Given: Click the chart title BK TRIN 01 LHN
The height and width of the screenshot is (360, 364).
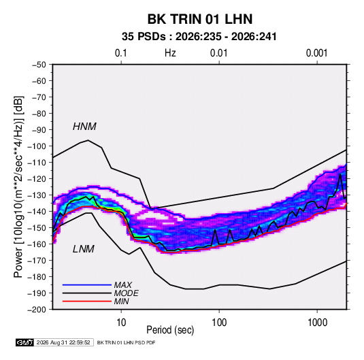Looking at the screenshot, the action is [x=200, y=19].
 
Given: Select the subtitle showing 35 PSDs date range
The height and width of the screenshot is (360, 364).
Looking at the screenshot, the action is [x=199, y=37].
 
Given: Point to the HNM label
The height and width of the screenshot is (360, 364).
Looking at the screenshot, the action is [x=84, y=127].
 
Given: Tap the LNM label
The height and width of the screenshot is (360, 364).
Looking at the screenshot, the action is [x=84, y=249].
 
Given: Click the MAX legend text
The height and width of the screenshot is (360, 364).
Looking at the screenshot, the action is [x=123, y=285].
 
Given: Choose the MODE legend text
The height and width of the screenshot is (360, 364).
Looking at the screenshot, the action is [x=127, y=293].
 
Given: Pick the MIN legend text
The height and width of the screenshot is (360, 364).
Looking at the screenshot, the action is [x=121, y=301].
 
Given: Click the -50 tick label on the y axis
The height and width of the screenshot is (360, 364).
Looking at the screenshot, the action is [x=39, y=65].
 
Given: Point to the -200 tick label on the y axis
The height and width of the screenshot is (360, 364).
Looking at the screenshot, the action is [x=37, y=310].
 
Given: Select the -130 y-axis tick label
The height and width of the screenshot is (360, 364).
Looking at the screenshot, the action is [x=37, y=195].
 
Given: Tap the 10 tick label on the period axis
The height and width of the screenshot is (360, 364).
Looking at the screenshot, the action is [x=121, y=323].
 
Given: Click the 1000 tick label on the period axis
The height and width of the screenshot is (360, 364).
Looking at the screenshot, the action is [x=317, y=323].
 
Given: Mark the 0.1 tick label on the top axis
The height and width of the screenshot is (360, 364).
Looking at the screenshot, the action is [x=121, y=53].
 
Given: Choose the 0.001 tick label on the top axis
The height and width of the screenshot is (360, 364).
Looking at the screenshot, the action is [x=316, y=53].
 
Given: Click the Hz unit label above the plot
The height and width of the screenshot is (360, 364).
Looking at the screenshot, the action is [x=170, y=53].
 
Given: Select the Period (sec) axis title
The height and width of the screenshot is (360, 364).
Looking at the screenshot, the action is [x=170, y=330].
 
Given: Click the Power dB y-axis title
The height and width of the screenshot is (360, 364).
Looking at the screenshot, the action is [x=18, y=187].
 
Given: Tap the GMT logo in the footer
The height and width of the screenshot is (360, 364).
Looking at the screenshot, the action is [x=25, y=342].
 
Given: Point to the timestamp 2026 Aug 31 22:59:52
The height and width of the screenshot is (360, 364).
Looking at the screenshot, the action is [x=63, y=342].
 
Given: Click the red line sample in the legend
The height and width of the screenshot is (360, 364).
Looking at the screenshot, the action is [x=87, y=301].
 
